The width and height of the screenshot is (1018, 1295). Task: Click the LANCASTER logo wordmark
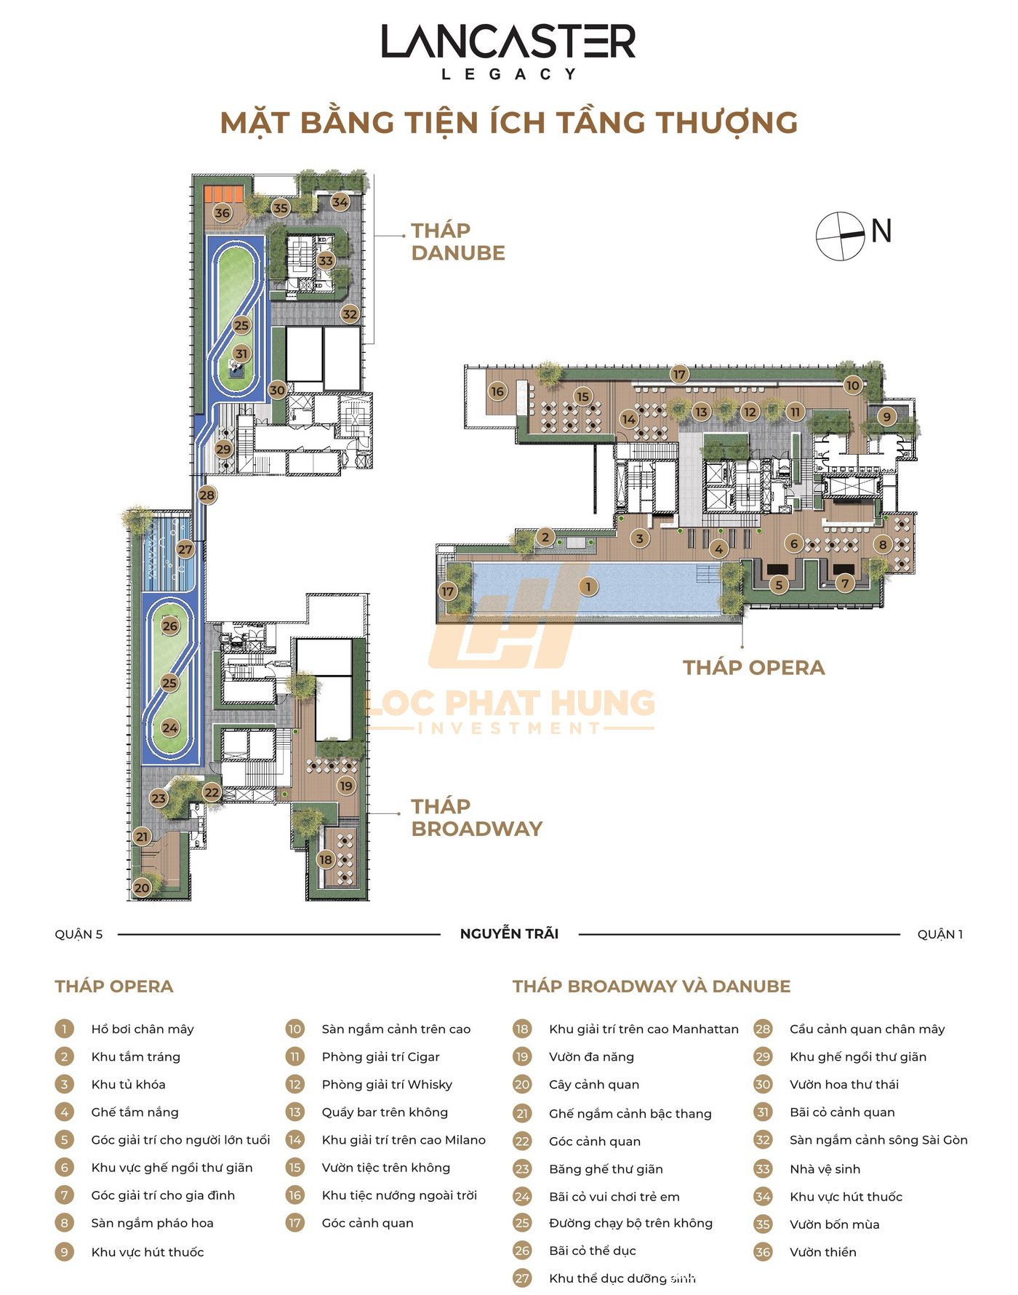click(508, 41)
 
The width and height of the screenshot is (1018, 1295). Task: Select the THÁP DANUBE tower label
click(458, 242)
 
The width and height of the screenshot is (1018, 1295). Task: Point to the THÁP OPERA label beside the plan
click(754, 668)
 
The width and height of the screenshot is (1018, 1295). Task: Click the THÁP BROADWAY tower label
click(477, 817)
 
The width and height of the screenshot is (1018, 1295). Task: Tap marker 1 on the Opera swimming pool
click(588, 586)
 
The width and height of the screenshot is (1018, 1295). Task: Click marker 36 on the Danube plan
click(223, 213)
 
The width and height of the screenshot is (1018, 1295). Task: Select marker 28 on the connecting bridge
click(207, 495)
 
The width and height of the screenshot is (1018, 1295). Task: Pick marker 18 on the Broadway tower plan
click(325, 859)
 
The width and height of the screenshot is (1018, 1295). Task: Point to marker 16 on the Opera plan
click(497, 391)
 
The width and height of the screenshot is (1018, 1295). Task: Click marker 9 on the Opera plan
click(886, 417)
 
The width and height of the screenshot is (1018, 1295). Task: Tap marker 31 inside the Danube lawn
click(241, 354)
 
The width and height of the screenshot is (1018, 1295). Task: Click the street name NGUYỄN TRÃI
click(509, 933)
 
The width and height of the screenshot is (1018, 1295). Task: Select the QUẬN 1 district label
click(939, 934)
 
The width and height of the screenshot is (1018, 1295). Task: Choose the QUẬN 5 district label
click(79, 934)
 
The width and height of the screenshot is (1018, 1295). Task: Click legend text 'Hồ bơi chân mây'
click(143, 1029)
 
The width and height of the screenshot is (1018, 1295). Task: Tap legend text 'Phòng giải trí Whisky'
click(387, 1084)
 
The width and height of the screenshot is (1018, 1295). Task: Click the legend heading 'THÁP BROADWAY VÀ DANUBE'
click(652, 987)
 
